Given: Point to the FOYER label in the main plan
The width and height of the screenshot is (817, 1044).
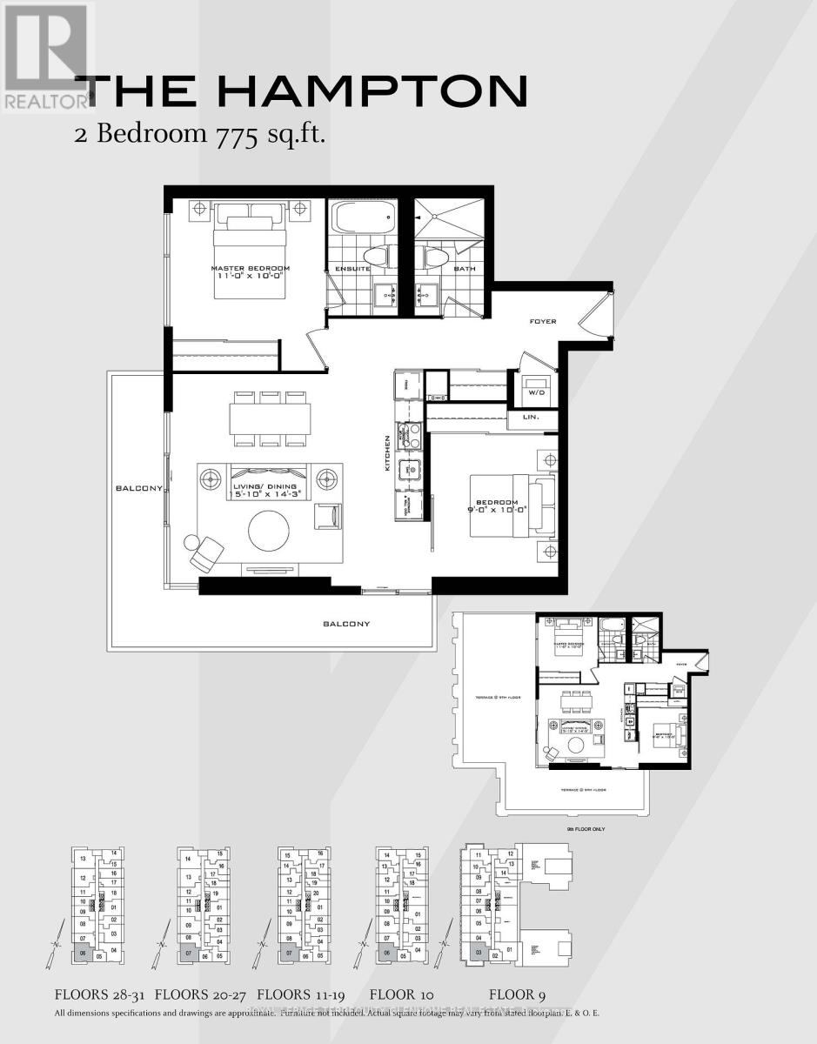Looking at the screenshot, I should click(x=542, y=322).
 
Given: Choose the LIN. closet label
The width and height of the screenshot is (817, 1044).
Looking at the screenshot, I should click(x=531, y=418).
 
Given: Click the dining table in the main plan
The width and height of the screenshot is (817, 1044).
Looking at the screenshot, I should click(x=271, y=420).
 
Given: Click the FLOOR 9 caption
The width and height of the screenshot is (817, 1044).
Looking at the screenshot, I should click(x=518, y=994).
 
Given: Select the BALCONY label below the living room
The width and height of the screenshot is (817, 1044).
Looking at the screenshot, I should click(x=346, y=624).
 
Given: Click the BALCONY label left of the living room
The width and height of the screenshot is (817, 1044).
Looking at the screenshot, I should click(x=138, y=489).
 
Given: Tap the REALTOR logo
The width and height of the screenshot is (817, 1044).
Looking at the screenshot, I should click(x=45, y=57).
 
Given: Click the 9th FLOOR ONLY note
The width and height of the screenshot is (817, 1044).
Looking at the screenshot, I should click(x=586, y=829).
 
